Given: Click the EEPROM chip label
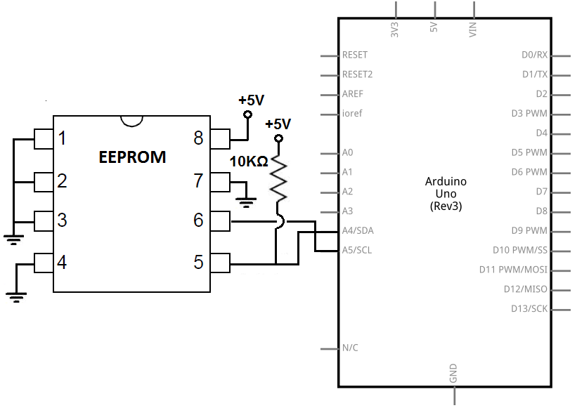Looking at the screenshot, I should (132, 157).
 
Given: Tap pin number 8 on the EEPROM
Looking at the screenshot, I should (198, 138).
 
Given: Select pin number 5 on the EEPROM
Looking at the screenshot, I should (198, 263).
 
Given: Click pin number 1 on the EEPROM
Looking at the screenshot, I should (63, 138).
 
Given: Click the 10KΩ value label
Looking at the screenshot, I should (249, 162).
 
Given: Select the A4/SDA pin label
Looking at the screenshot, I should (358, 230).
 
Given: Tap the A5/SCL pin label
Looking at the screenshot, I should (357, 250).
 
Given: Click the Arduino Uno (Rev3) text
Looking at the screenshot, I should (446, 194).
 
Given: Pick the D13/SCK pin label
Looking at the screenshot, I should (529, 308).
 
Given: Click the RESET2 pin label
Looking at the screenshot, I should (357, 74).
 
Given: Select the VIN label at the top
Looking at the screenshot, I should (473, 29).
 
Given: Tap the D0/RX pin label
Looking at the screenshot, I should (534, 55).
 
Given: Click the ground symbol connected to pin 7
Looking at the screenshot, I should (246, 204).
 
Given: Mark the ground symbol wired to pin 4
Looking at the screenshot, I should (18, 296).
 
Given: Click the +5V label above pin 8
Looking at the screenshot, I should (251, 100).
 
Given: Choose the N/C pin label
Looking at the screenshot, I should (350, 348).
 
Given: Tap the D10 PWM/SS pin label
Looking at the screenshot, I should (519, 250).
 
